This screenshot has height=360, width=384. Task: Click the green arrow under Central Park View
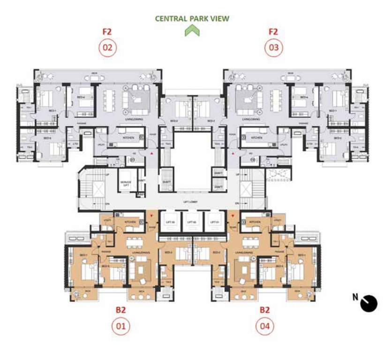click(192, 31)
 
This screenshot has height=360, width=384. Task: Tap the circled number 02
click(107, 48)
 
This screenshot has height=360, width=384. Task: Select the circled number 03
click(273, 48)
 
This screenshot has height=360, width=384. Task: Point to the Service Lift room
click(126, 184)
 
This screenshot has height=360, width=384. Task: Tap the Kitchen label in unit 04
click(255, 222)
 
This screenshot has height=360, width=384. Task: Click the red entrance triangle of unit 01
click(151, 217)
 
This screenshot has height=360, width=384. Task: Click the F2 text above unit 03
click(273, 32)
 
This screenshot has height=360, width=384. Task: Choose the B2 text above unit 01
click(121, 309)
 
